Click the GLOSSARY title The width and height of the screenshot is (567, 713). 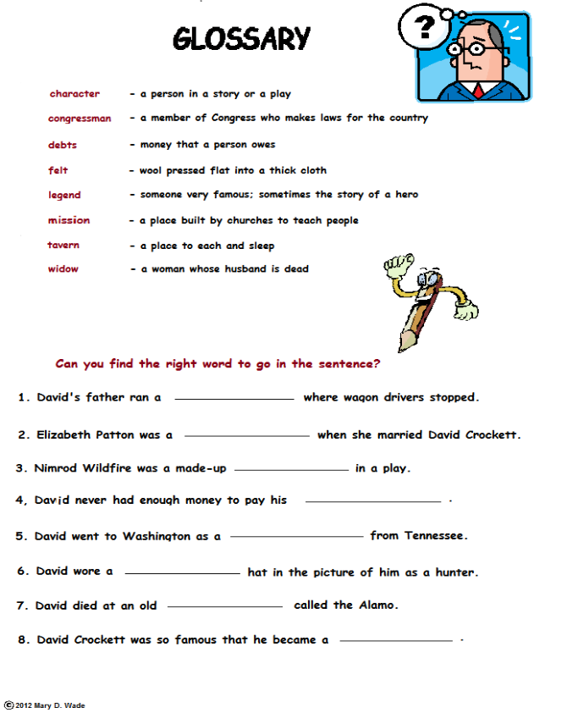[241, 38]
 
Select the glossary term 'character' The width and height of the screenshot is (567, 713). [74, 94]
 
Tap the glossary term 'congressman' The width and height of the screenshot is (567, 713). [80, 119]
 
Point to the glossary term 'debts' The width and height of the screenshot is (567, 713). [63, 145]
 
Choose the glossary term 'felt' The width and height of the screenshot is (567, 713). [58, 170]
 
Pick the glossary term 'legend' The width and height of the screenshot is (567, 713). [64, 195]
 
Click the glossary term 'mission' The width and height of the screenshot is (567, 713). [69, 220]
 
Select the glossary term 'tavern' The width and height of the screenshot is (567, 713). [63, 246]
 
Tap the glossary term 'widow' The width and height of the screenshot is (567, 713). [63, 269]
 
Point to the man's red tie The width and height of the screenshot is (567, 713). [478, 90]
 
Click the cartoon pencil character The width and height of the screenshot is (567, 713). [427, 301]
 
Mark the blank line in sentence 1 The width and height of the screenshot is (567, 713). [234, 399]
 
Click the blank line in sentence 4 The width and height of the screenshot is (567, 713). [372, 502]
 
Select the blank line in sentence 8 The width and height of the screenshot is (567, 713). [395, 642]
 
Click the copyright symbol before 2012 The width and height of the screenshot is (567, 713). [8, 705]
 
